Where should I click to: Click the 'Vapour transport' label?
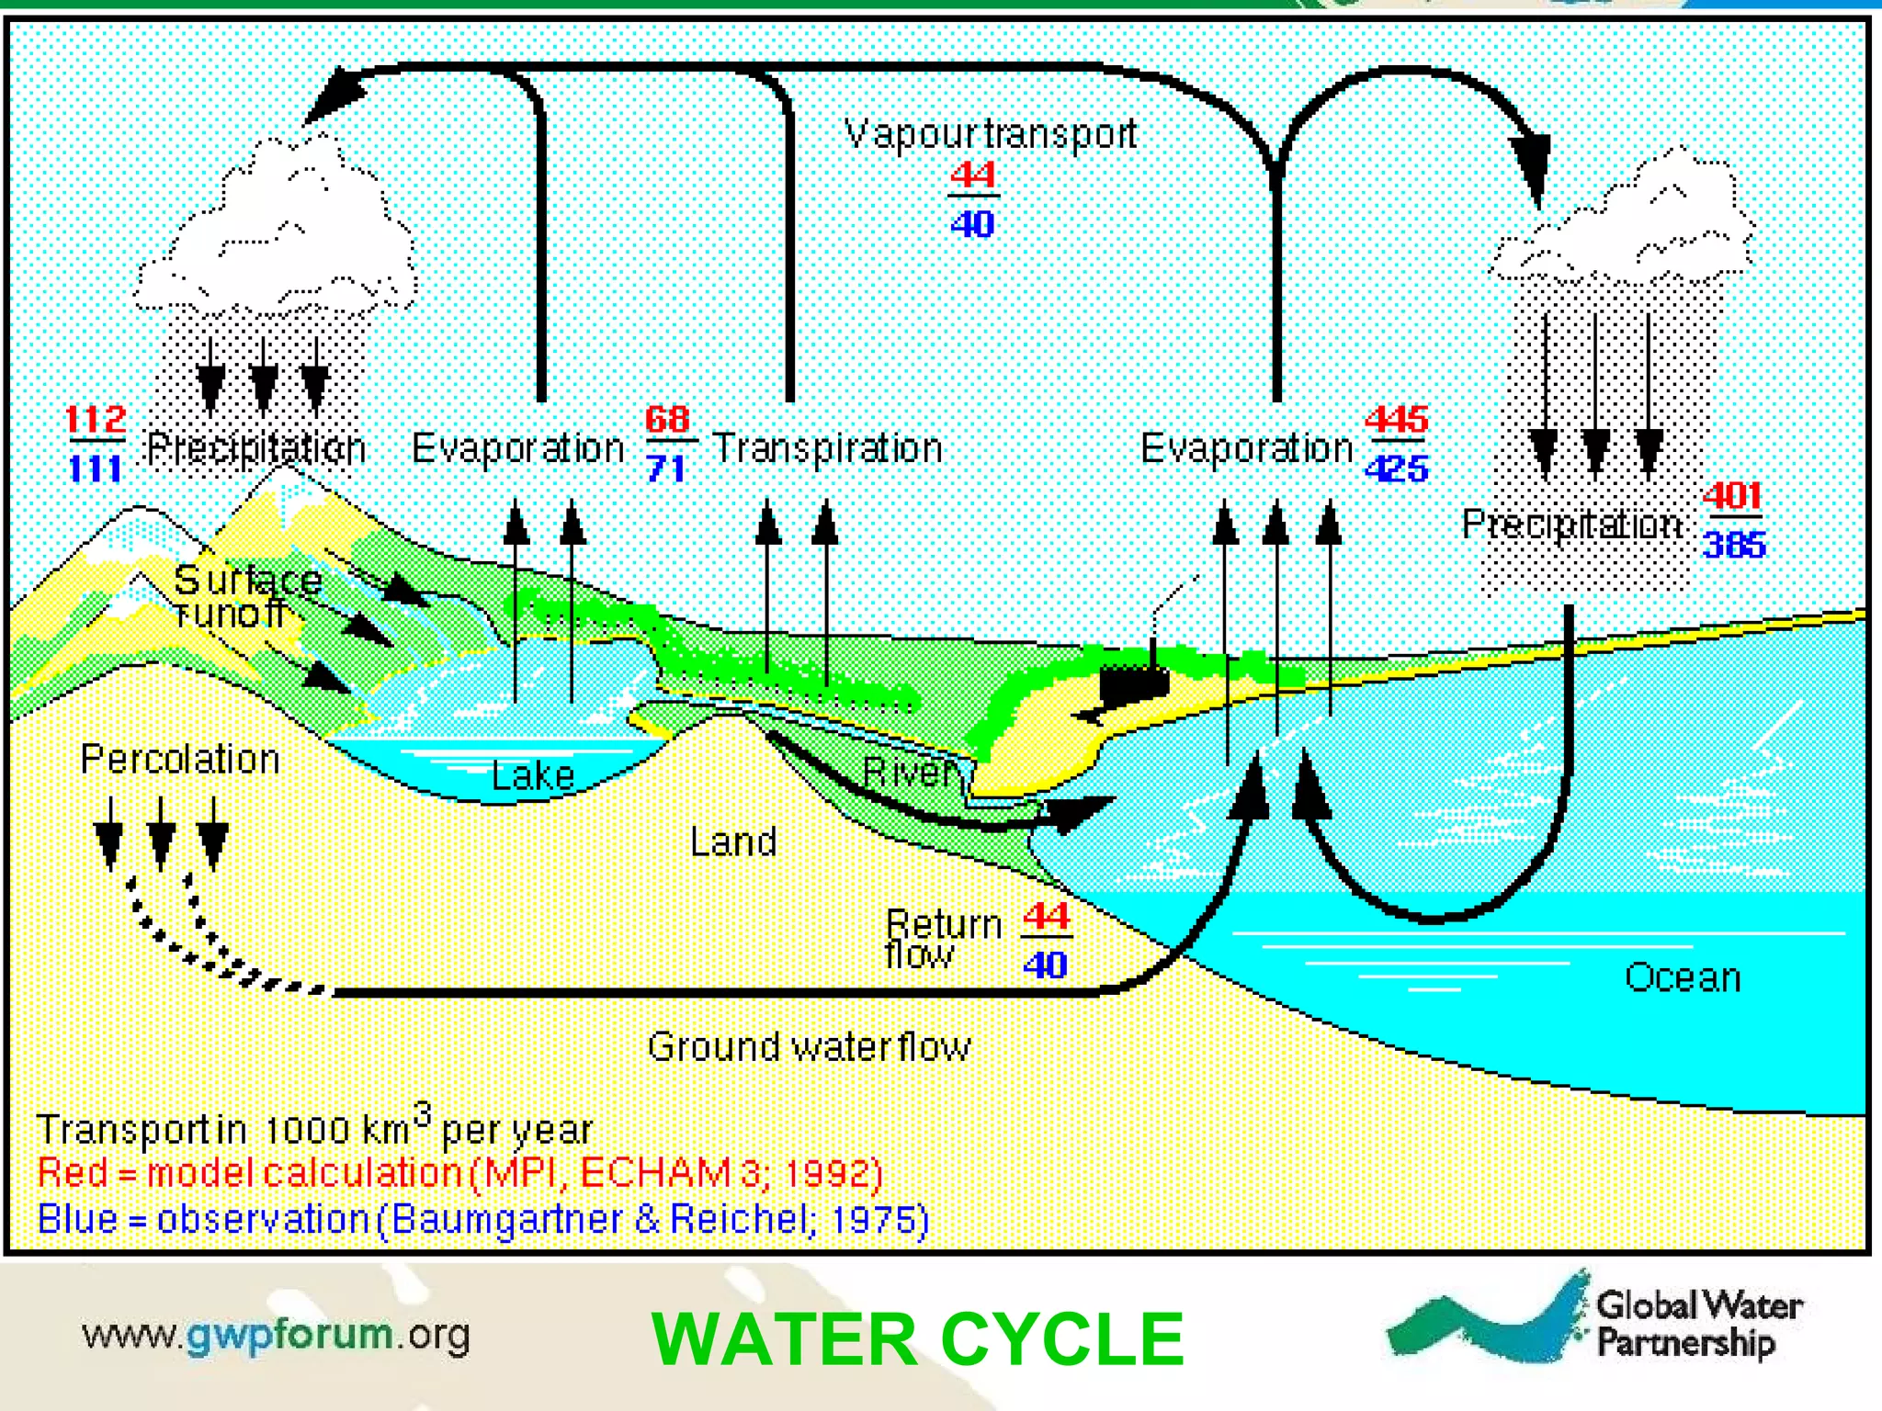(990, 135)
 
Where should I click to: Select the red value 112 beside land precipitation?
(96, 420)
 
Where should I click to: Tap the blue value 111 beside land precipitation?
(95, 469)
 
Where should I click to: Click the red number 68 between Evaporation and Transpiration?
(667, 420)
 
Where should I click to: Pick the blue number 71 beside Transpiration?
(665, 469)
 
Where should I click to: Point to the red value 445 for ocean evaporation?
(1396, 420)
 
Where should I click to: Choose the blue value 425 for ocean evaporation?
(1396, 469)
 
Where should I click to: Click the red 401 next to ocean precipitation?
(1732, 496)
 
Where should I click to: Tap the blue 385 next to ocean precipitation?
(1734, 545)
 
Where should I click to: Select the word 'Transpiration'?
(827, 448)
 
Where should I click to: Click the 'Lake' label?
(533, 776)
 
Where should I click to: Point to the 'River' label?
(910, 773)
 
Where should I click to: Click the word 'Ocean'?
(1683, 977)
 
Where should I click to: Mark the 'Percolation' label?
(180, 760)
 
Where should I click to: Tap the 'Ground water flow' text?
(809, 1047)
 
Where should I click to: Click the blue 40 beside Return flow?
(1045, 965)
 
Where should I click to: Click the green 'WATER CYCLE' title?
(917, 1339)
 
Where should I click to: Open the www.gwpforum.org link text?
(276, 1335)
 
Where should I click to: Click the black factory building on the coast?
(1134, 683)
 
